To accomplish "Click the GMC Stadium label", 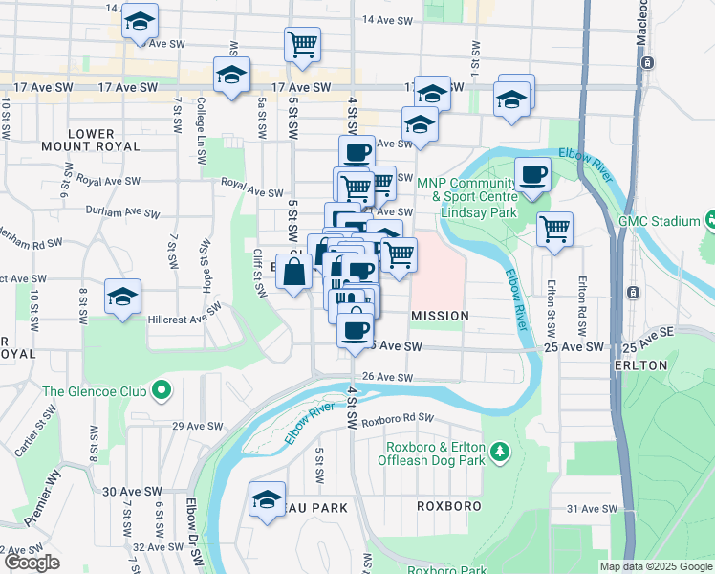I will pos(659,221).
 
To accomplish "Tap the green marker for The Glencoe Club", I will pos(161,390).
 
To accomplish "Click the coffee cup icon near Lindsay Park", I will pos(532,174).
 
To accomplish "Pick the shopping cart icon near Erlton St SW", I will pos(554,229).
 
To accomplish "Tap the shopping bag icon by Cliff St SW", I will pos(293,274).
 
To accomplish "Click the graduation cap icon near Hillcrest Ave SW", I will pos(122,297).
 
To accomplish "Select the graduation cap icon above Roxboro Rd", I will pos(267,498).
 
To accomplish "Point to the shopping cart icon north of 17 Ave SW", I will pos(302,43).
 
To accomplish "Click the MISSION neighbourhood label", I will pos(440,315).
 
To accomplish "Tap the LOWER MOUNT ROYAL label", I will pos(91,141).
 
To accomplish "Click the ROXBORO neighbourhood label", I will pos(447,504).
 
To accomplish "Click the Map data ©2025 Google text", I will pos(655,566).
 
